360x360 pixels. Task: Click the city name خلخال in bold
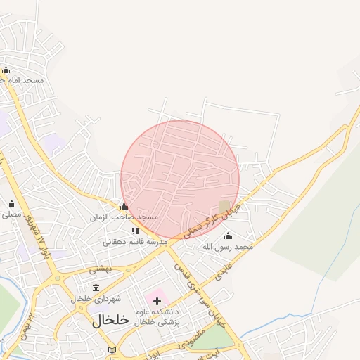pyautogui.click(x=111, y=320)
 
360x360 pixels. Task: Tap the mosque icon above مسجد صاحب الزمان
pyautogui.click(x=124, y=207)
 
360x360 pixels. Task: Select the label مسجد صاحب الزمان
pyautogui.click(x=124, y=218)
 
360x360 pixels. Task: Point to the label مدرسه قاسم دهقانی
pyautogui.click(x=135, y=242)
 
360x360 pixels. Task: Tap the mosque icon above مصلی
pyautogui.click(x=11, y=205)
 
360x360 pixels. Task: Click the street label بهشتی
pyautogui.click(x=101, y=269)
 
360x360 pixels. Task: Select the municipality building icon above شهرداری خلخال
pyautogui.click(x=96, y=287)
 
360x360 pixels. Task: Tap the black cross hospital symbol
pyautogui.click(x=157, y=301)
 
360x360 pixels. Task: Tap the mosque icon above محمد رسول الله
pyautogui.click(x=227, y=236)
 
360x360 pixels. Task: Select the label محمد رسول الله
pyautogui.click(x=227, y=247)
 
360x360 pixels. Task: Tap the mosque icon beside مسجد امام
pyautogui.click(x=6, y=70)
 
